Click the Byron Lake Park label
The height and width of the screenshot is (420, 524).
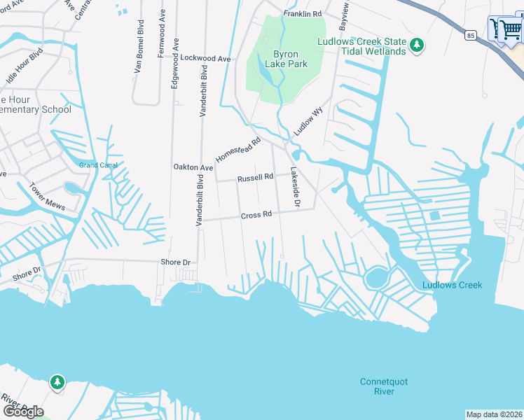click(286, 59)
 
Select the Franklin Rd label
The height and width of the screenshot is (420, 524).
click(302, 14)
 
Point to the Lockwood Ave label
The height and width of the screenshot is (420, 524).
click(205, 59)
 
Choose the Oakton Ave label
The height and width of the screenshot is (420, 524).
click(193, 168)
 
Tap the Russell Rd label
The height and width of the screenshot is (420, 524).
click(255, 178)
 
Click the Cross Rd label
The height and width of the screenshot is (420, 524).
click(256, 216)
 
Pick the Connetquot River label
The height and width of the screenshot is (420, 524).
click(383, 386)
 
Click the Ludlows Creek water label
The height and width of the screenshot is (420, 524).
click(452, 285)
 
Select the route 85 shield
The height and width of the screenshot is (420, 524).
click(469, 34)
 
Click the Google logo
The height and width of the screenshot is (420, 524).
click(22, 411)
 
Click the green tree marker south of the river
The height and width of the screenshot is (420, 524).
click(57, 382)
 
